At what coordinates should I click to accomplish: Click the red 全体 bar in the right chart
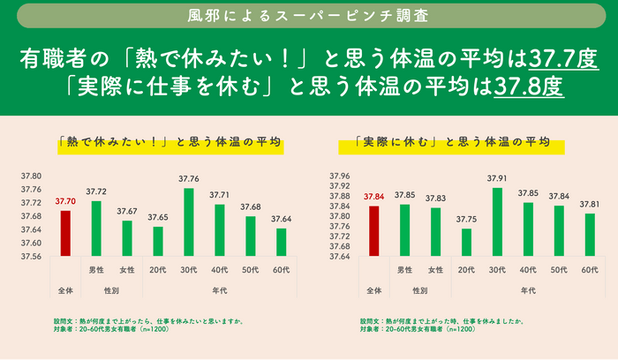(x=373, y=231)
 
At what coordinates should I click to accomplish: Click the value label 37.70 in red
(x=65, y=201)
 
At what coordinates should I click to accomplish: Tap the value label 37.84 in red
(x=373, y=197)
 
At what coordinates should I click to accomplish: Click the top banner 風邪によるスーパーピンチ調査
(x=308, y=16)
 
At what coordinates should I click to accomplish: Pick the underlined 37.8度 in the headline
(x=529, y=89)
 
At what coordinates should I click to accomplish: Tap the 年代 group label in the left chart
(x=219, y=289)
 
